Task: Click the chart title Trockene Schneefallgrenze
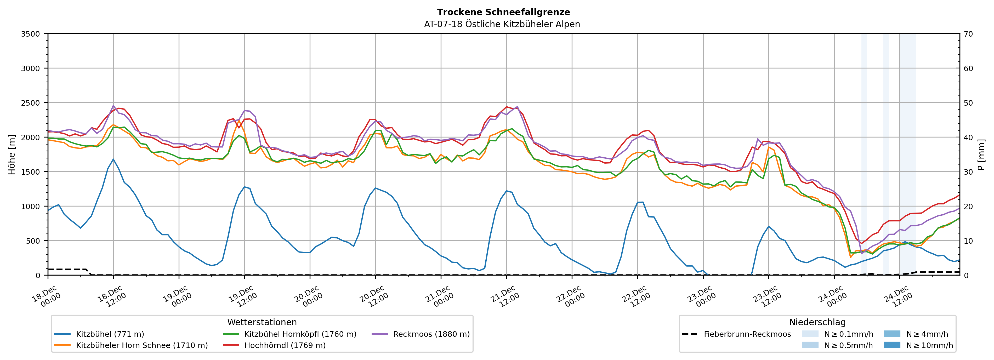point(503,12)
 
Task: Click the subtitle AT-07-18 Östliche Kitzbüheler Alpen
point(502,24)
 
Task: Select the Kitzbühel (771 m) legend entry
point(110,334)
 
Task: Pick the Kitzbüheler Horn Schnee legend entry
point(142,345)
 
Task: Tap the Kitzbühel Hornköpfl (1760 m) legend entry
point(300,334)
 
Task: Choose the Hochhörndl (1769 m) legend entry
point(285,345)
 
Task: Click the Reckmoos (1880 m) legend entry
point(431,334)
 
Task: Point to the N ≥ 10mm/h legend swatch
point(892,345)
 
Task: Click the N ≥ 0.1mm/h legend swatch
point(810,334)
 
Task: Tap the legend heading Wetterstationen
point(262,322)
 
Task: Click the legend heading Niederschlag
point(817,322)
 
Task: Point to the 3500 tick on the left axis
point(31,34)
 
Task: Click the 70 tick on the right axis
point(968,34)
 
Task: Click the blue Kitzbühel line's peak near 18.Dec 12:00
point(113,159)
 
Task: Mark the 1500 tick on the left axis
point(31,172)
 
